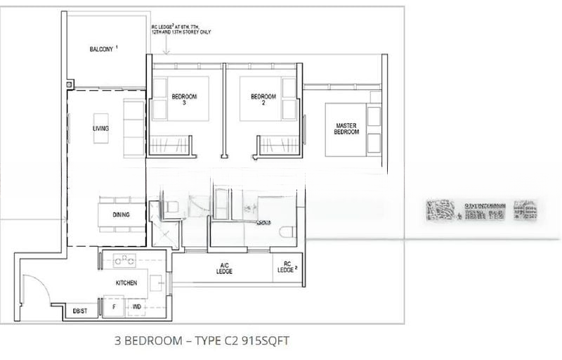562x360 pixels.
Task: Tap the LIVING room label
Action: [100, 129]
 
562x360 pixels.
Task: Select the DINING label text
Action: [120, 214]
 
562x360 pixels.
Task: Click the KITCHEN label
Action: [126, 283]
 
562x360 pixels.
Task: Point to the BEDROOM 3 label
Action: [185, 100]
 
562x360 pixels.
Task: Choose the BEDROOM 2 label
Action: [263, 100]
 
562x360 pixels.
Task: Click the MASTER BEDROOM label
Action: [346, 129]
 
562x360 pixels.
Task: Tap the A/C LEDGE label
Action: [224, 269]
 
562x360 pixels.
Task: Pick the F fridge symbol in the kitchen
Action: [114, 307]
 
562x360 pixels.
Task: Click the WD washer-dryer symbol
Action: [136, 307]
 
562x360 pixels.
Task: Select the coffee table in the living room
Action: [100, 128]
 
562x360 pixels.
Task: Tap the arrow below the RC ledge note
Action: [166, 48]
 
